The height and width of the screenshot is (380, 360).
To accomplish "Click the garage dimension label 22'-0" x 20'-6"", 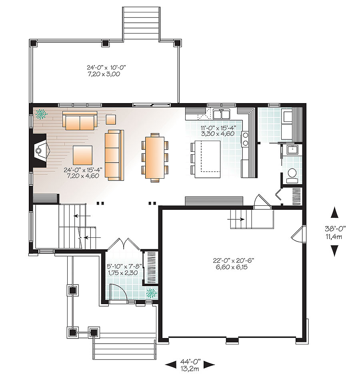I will coord(234,264).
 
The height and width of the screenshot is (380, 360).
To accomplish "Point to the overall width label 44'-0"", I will coord(190,364).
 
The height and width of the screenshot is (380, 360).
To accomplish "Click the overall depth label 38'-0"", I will coord(335,232).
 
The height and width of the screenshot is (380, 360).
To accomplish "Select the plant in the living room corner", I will coord(41,114).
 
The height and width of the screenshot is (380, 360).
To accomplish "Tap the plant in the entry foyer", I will coord(151,294).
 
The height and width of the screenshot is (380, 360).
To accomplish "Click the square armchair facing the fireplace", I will coord(82,155).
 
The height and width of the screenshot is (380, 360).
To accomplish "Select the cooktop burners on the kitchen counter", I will coord(245,139).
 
